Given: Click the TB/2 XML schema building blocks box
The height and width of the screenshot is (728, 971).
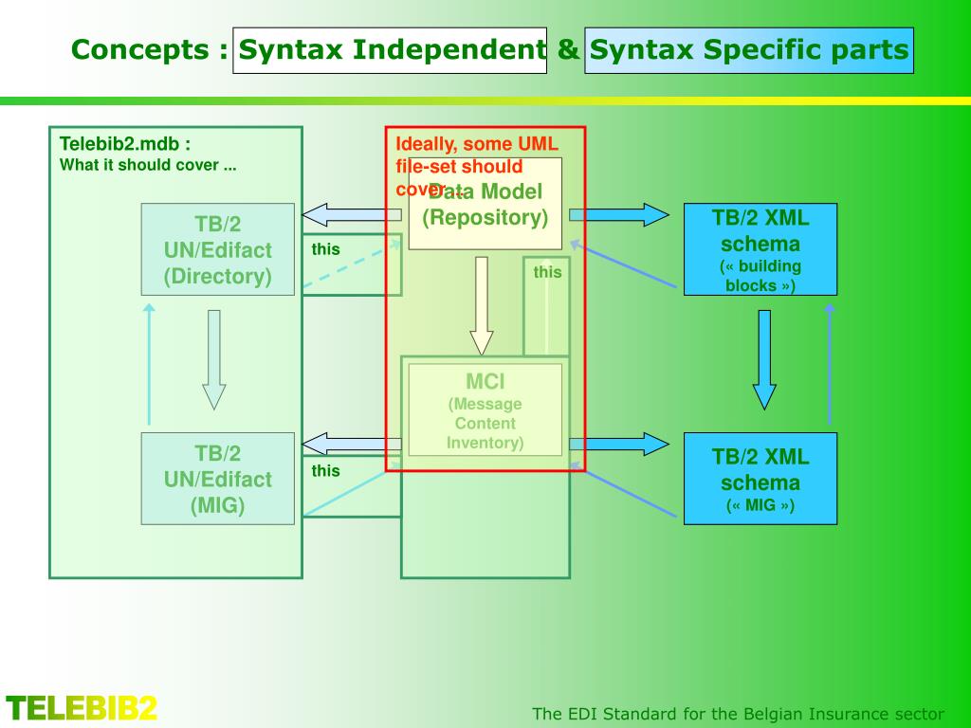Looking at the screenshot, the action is pos(760,249).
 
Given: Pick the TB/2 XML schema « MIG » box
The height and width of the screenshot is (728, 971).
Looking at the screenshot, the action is pos(760,479).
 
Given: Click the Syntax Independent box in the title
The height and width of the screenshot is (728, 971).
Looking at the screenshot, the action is pos(389,50).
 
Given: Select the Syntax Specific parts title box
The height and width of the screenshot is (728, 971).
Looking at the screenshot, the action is pos(749,50).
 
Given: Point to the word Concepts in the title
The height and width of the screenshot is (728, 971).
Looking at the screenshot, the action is pos(141,50).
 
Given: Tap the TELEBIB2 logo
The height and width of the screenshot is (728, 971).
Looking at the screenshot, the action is pos(82,708).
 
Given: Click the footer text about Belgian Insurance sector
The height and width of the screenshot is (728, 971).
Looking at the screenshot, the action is pos(738,714).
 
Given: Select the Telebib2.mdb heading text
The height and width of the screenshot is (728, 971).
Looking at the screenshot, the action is pos(125,144).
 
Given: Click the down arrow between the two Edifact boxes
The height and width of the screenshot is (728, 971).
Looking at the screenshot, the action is pos(214,360).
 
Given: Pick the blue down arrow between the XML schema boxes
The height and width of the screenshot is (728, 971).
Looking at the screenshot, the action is pos(764,360).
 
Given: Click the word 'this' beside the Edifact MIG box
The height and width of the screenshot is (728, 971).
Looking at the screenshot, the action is pos(325,471).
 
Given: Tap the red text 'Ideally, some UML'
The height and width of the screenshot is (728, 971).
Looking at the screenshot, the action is pos(477,145).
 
